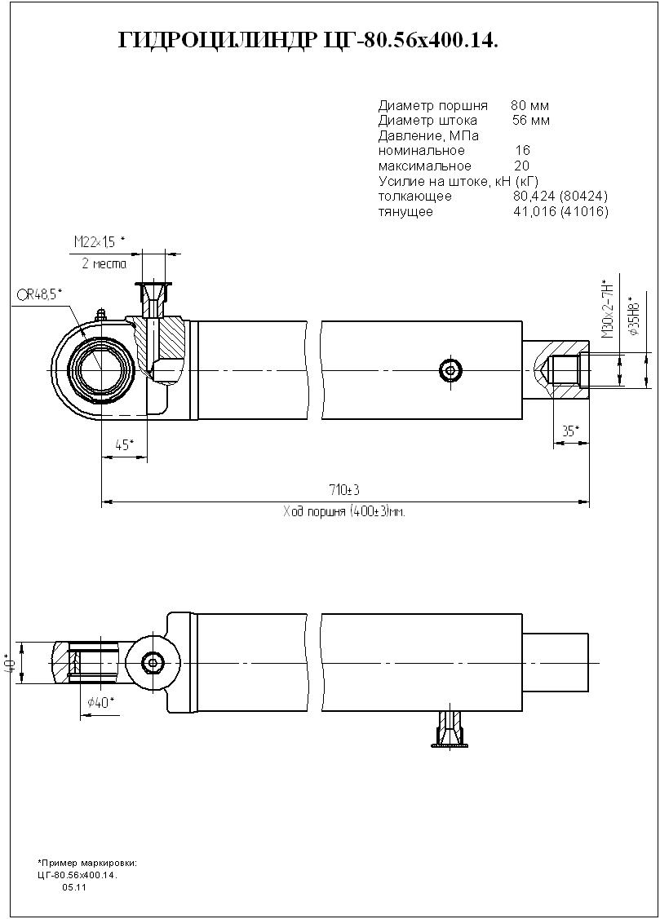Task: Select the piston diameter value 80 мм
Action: tap(529, 106)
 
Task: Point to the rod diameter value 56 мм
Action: tap(531, 121)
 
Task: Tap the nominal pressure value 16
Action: tap(522, 151)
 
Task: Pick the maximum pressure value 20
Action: tap(521, 166)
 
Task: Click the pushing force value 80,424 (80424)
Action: tap(560, 196)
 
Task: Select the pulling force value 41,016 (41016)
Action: tap(561, 211)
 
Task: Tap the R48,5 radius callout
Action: tap(40, 295)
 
